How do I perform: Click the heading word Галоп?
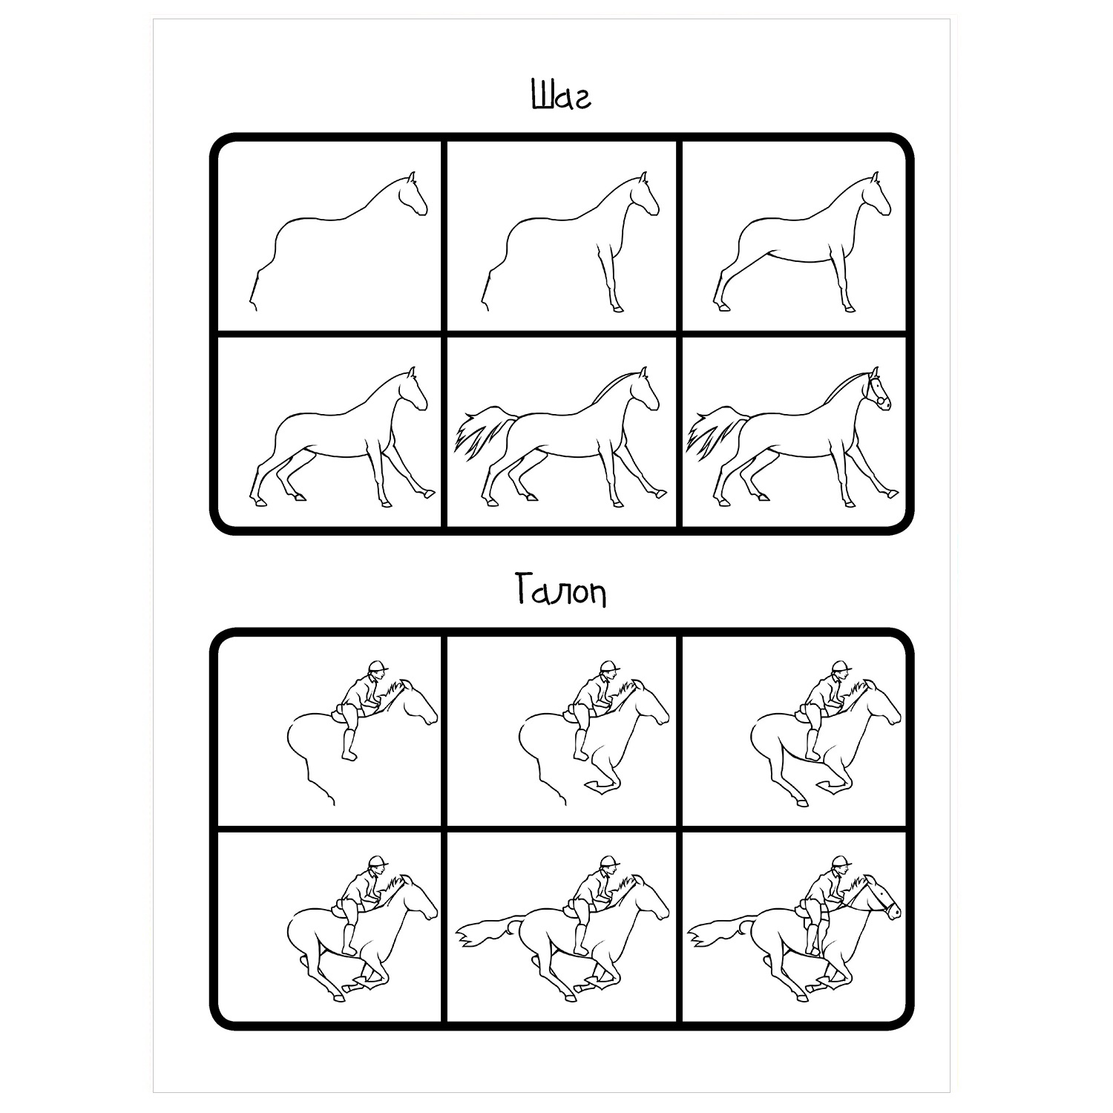(x=560, y=591)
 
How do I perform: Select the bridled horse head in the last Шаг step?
(x=876, y=389)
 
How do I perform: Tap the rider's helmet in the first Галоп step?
(x=378, y=665)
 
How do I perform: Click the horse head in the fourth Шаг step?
(x=413, y=389)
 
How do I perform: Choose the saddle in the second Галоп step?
(x=571, y=714)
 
